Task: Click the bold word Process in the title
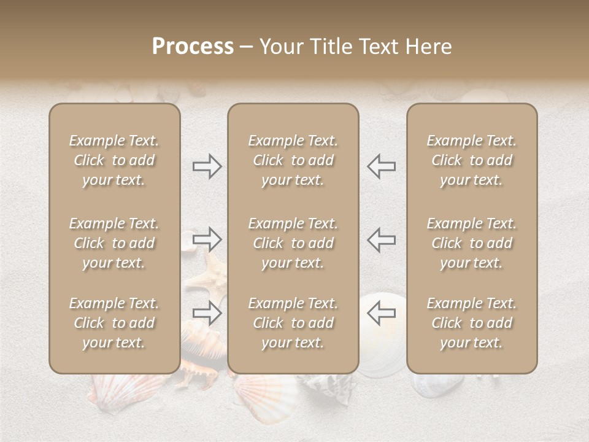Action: (x=193, y=47)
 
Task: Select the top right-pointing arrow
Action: (x=207, y=166)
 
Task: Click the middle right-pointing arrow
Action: (x=207, y=239)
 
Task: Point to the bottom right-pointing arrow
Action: (x=207, y=313)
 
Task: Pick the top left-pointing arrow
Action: (x=382, y=166)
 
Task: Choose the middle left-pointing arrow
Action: (x=382, y=239)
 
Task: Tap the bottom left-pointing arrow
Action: (x=382, y=313)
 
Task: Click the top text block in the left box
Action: (x=114, y=160)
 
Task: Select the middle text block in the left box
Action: (x=114, y=243)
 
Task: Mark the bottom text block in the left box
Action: (x=114, y=323)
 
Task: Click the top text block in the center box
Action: (x=293, y=160)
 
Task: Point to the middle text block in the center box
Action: (x=293, y=243)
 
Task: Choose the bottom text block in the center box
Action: (x=293, y=323)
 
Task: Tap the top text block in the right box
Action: (x=471, y=160)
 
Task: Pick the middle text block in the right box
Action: (x=471, y=243)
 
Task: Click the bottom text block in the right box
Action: (x=471, y=323)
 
